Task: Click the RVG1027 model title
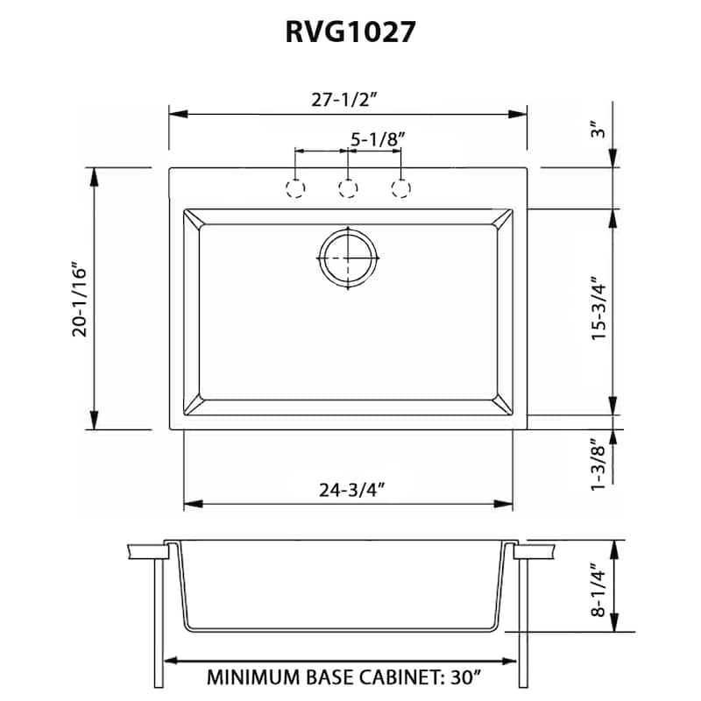350,32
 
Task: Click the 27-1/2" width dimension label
349,99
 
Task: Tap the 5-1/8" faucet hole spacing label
378,138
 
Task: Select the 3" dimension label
599,131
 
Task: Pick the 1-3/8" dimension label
599,465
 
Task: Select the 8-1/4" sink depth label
599,591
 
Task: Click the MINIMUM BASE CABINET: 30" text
343,677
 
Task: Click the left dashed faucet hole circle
296,188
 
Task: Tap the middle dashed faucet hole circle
349,188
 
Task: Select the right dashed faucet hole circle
401,188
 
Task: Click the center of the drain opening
349,257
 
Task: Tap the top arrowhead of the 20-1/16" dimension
95,176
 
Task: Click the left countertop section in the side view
145,552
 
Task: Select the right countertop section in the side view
535,552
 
